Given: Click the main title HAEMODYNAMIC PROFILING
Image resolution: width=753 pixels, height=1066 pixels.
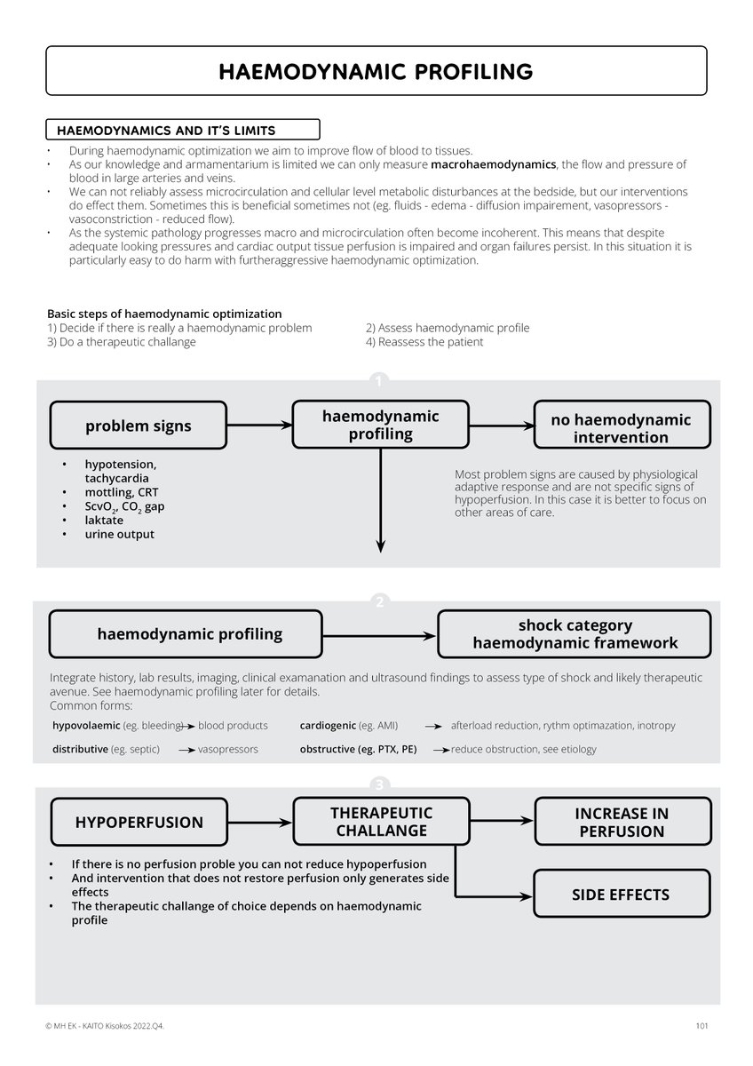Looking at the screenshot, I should (376, 71).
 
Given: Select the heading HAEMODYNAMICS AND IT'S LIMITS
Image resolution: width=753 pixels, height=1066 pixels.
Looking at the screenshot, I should (165, 131).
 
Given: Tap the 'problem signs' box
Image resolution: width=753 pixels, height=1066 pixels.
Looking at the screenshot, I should (138, 426).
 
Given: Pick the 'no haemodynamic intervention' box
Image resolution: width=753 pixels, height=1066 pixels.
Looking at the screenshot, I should (621, 428).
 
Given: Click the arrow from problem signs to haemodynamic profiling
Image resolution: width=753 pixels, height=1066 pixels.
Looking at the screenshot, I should (259, 426).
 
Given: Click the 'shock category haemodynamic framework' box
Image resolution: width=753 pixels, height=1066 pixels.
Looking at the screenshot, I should (575, 633).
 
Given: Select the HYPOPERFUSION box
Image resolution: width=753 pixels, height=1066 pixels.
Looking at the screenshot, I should (139, 823).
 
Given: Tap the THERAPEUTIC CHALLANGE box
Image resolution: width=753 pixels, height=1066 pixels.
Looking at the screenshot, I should (380, 822).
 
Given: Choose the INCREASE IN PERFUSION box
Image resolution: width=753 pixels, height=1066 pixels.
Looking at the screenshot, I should (622, 822).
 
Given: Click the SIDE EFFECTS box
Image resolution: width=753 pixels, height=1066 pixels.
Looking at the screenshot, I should (621, 895).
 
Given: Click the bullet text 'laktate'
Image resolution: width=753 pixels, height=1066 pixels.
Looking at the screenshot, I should (105, 520).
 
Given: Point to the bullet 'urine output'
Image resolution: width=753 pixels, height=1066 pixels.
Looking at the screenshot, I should (119, 534).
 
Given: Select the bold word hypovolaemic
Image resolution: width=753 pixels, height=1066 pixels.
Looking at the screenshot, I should (79, 726).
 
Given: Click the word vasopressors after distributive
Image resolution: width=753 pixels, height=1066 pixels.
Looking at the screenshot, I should (228, 749).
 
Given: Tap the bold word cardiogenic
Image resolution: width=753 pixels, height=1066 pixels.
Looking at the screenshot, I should (328, 726).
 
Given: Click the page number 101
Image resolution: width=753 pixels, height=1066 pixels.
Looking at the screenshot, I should (701, 1027).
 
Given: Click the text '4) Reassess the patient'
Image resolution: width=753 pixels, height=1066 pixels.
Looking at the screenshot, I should (424, 342).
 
